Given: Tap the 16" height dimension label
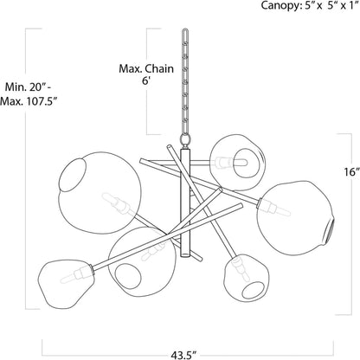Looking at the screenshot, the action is pyautogui.click(x=352, y=172).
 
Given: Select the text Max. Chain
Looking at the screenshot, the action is pyautogui.click(x=146, y=69).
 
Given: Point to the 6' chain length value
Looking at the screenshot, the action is pyautogui.click(x=146, y=80).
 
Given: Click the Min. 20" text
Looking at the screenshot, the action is pyautogui.click(x=29, y=87).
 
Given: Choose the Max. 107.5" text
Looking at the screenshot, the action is pyautogui.click(x=28, y=101).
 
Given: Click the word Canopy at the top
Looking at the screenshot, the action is pyautogui.click(x=279, y=5).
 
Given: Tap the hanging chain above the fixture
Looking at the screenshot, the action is pyautogui.click(x=185, y=81).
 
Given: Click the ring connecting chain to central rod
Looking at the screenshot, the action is pyautogui.click(x=185, y=141).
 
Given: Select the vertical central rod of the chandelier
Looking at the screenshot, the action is pyautogui.click(x=185, y=202).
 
